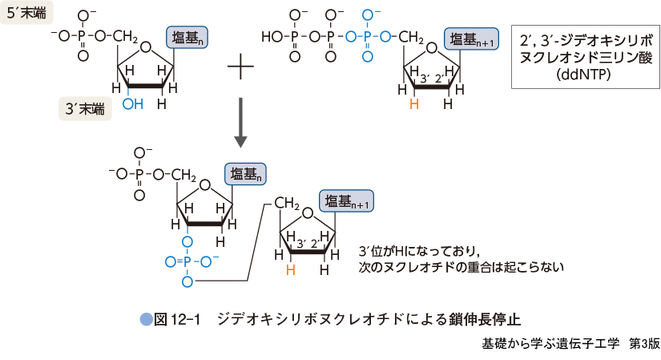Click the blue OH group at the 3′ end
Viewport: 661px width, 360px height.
[x=133, y=104]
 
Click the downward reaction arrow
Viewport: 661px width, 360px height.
[x=240, y=121]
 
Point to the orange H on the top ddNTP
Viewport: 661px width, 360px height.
[x=413, y=104]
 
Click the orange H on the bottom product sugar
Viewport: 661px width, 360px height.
[x=290, y=270]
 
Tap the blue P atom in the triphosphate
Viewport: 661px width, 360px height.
[x=368, y=37]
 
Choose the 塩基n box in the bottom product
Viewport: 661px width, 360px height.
[x=248, y=174]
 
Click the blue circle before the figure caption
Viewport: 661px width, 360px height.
[x=146, y=318]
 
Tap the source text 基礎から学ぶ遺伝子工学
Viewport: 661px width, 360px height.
[x=550, y=343]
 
